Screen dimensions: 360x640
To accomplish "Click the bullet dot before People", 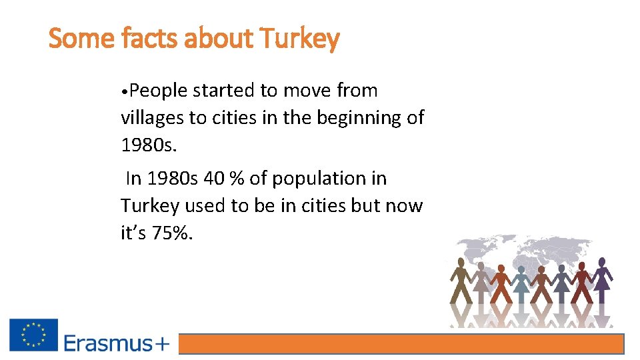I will point(124,91).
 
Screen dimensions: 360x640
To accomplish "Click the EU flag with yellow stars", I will point(33,335).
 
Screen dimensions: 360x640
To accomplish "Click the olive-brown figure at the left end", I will point(460,280).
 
